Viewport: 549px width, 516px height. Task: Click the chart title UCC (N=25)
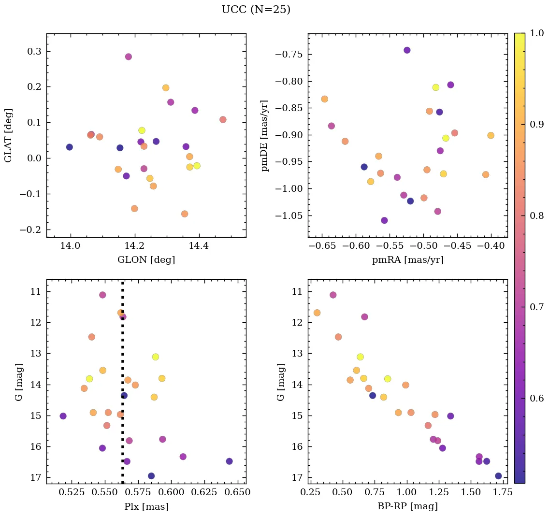pyautogui.click(x=256, y=10)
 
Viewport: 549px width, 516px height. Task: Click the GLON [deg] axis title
pyautogui.click(x=146, y=260)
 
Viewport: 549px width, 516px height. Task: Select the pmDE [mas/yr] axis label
pyautogui.click(x=265, y=136)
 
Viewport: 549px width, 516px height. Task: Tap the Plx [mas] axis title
pyautogui.click(x=146, y=506)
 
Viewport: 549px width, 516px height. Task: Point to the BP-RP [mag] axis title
pyautogui.click(x=407, y=506)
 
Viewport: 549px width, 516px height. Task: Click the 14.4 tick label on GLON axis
pyautogui.click(x=198, y=246)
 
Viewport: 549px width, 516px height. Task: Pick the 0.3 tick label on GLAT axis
pyautogui.click(x=33, y=52)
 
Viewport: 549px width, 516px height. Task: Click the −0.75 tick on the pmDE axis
pyautogui.click(x=288, y=54)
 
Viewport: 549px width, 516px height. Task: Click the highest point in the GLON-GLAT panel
pyautogui.click(x=128, y=57)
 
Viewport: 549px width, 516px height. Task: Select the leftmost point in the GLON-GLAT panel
pyautogui.click(x=69, y=147)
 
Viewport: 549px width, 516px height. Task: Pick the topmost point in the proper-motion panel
pyautogui.click(x=407, y=50)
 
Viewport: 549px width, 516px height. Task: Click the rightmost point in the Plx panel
pyautogui.click(x=229, y=461)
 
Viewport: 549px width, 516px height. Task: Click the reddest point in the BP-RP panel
pyautogui.click(x=498, y=476)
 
